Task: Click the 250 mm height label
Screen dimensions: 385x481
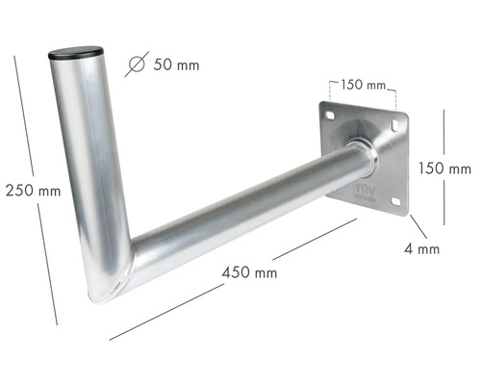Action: click(31, 190)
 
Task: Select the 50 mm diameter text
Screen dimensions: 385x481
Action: click(176, 65)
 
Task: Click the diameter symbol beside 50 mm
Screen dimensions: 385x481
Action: click(137, 64)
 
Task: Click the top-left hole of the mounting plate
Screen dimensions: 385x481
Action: click(331, 116)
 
